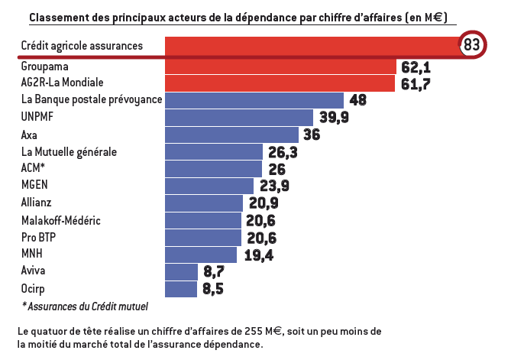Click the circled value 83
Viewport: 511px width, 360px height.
pyautogui.click(x=471, y=45)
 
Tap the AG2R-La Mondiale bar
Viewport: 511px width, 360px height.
pyautogui.click(x=280, y=83)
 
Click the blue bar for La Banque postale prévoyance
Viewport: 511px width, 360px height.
pyautogui.click(x=254, y=100)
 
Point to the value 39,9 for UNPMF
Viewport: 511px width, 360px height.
pyautogui.click(x=333, y=117)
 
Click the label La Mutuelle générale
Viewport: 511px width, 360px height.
pyautogui.click(x=70, y=152)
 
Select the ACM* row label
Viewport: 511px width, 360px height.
pyautogui.click(x=34, y=168)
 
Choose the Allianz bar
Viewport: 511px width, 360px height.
pyautogui.click(x=204, y=203)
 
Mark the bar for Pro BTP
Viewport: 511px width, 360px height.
pyautogui.click(x=203, y=238)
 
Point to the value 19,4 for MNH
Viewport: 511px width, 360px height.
pyautogui.click(x=259, y=255)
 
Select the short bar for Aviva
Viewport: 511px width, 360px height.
pyautogui.click(x=181, y=271)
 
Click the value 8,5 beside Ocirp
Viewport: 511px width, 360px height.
pyautogui.click(x=214, y=289)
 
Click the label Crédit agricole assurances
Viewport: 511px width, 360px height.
pyautogui.click(x=82, y=46)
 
